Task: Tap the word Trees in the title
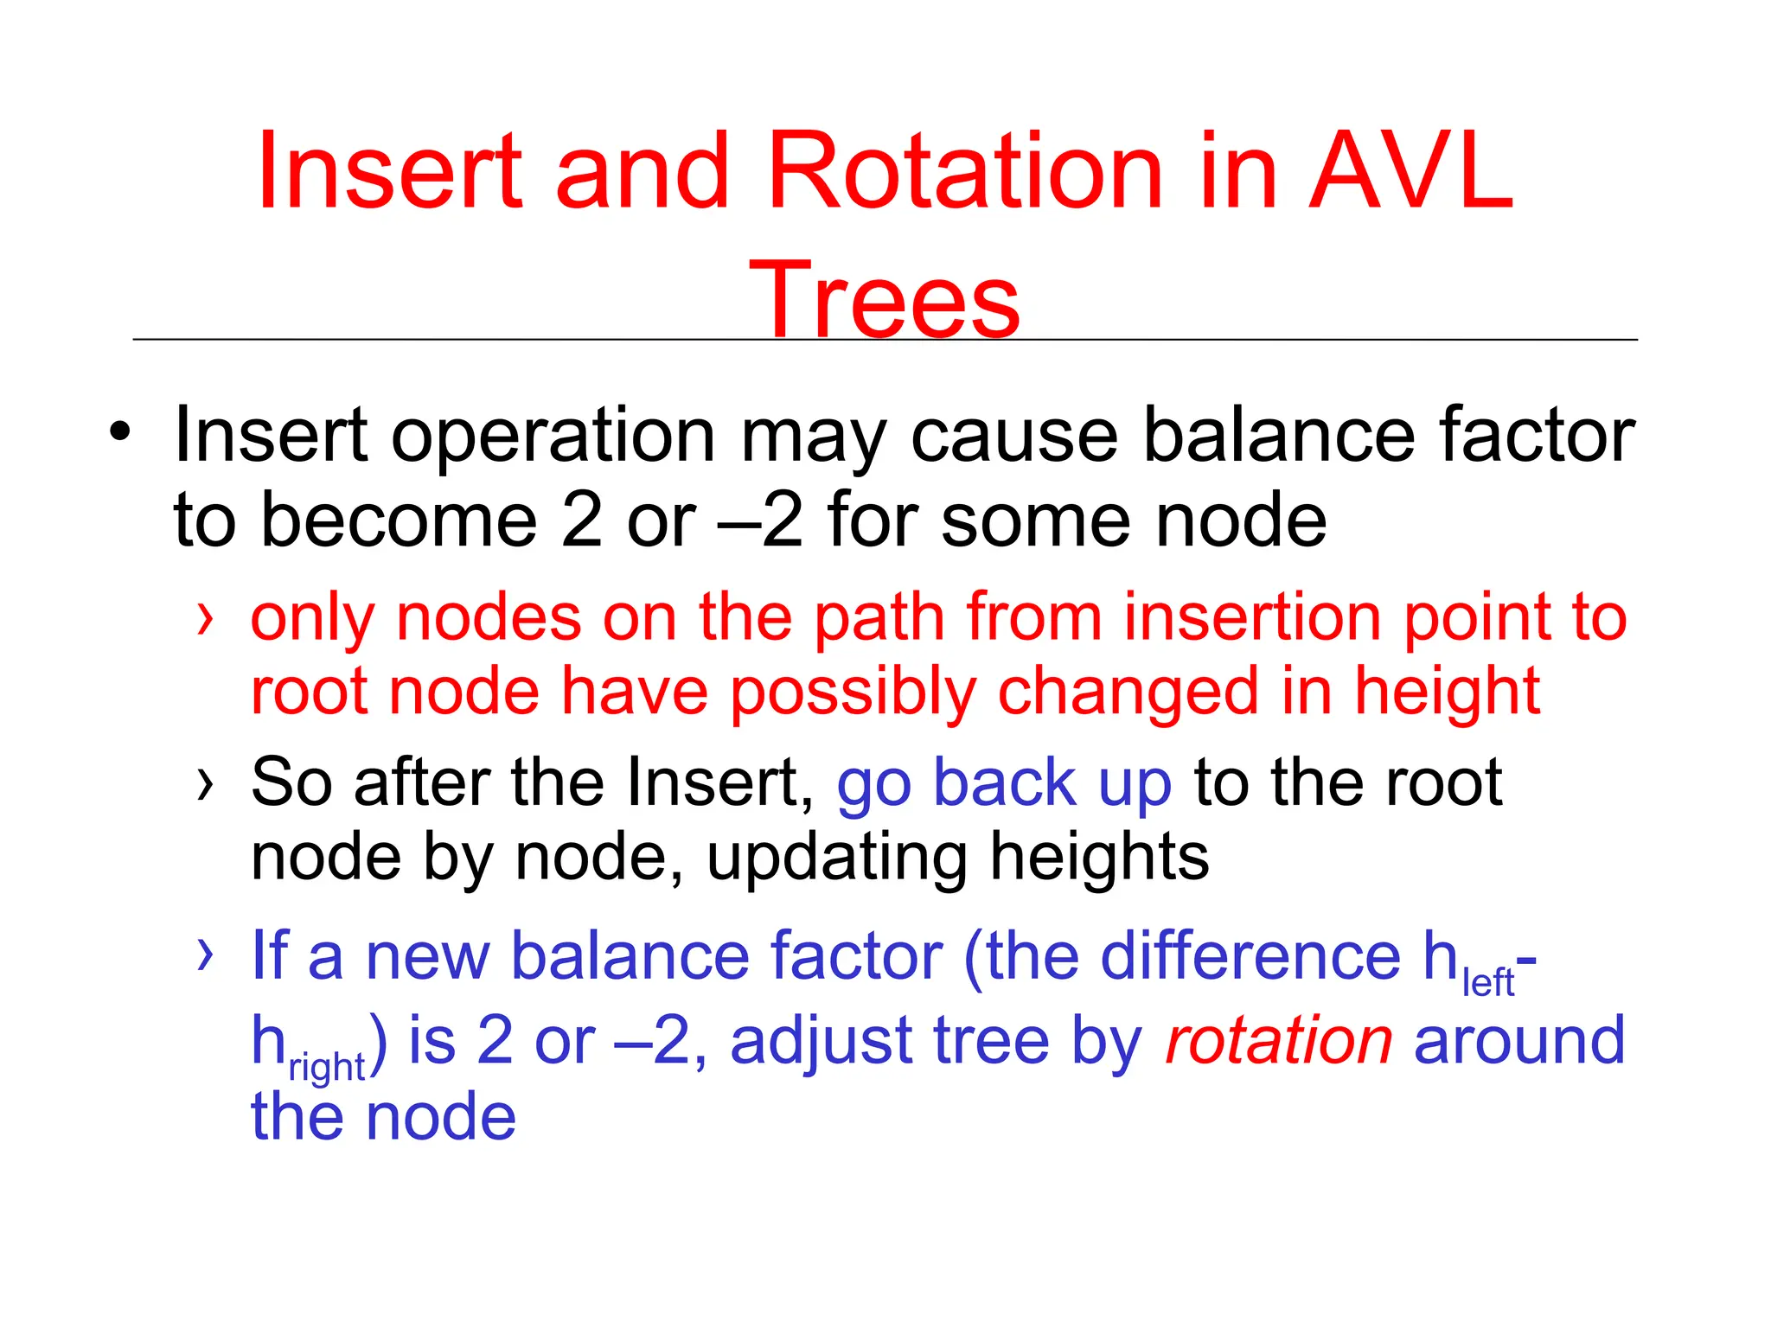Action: click(x=884, y=301)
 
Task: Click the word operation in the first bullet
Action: click(x=553, y=437)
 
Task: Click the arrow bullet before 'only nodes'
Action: click(x=204, y=618)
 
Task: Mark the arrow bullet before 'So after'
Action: click(x=204, y=784)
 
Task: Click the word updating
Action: click(x=835, y=859)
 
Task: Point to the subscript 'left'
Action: click(x=1487, y=983)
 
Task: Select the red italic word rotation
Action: click(x=1278, y=1040)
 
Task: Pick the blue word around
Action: click(x=1519, y=1040)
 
